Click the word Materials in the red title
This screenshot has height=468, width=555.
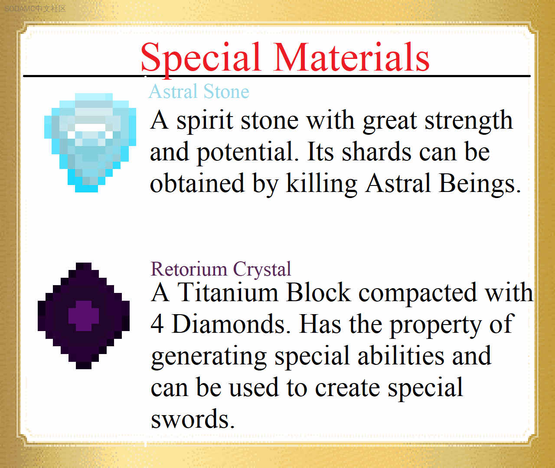(x=352, y=57)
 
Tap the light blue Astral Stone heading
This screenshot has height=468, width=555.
(x=199, y=91)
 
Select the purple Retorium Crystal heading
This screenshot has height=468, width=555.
(x=221, y=270)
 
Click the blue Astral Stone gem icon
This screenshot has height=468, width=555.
(x=90, y=143)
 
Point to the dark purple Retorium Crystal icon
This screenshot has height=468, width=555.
(x=84, y=316)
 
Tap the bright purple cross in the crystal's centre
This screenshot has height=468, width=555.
(x=84, y=316)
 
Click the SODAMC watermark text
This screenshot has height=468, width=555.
(x=36, y=9)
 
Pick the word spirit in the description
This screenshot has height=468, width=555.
(x=205, y=121)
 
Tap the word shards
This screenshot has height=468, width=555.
(x=376, y=152)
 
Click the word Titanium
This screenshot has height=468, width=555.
(x=228, y=292)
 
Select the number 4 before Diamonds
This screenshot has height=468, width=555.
(x=157, y=324)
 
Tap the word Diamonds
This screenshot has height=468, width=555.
(x=232, y=324)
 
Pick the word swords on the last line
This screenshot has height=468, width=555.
(x=193, y=419)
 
